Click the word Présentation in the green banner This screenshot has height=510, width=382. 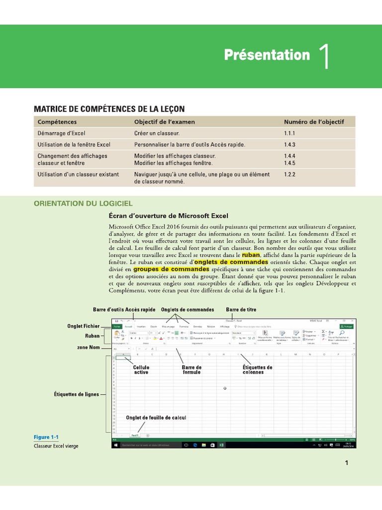267,55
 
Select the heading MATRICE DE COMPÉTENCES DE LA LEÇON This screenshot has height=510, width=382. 109,109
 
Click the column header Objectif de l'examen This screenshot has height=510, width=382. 165,122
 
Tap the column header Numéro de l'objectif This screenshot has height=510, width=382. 313,122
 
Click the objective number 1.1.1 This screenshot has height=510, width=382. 289,133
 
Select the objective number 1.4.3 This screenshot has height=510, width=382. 289,145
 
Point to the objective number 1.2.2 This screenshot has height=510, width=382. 289,174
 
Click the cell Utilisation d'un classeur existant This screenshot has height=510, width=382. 78,174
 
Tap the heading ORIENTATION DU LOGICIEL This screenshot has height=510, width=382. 83,203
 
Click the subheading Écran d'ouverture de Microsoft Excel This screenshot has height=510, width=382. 168,216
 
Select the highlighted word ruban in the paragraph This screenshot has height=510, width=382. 251,255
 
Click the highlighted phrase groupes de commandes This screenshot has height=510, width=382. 171,269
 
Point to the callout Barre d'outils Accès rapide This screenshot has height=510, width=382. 124,309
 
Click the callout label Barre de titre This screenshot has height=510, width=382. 241,309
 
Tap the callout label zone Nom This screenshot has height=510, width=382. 88,347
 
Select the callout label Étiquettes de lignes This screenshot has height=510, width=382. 77,394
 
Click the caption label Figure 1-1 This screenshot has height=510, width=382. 46,437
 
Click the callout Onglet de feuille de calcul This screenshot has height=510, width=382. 156,417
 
